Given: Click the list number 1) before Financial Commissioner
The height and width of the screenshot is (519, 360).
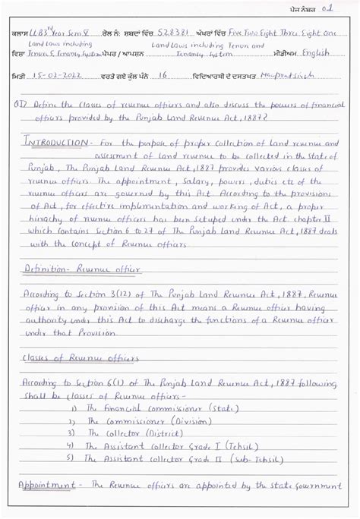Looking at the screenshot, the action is tap(74, 408).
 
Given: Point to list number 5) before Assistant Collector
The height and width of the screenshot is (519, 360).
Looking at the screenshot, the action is tap(71, 458).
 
